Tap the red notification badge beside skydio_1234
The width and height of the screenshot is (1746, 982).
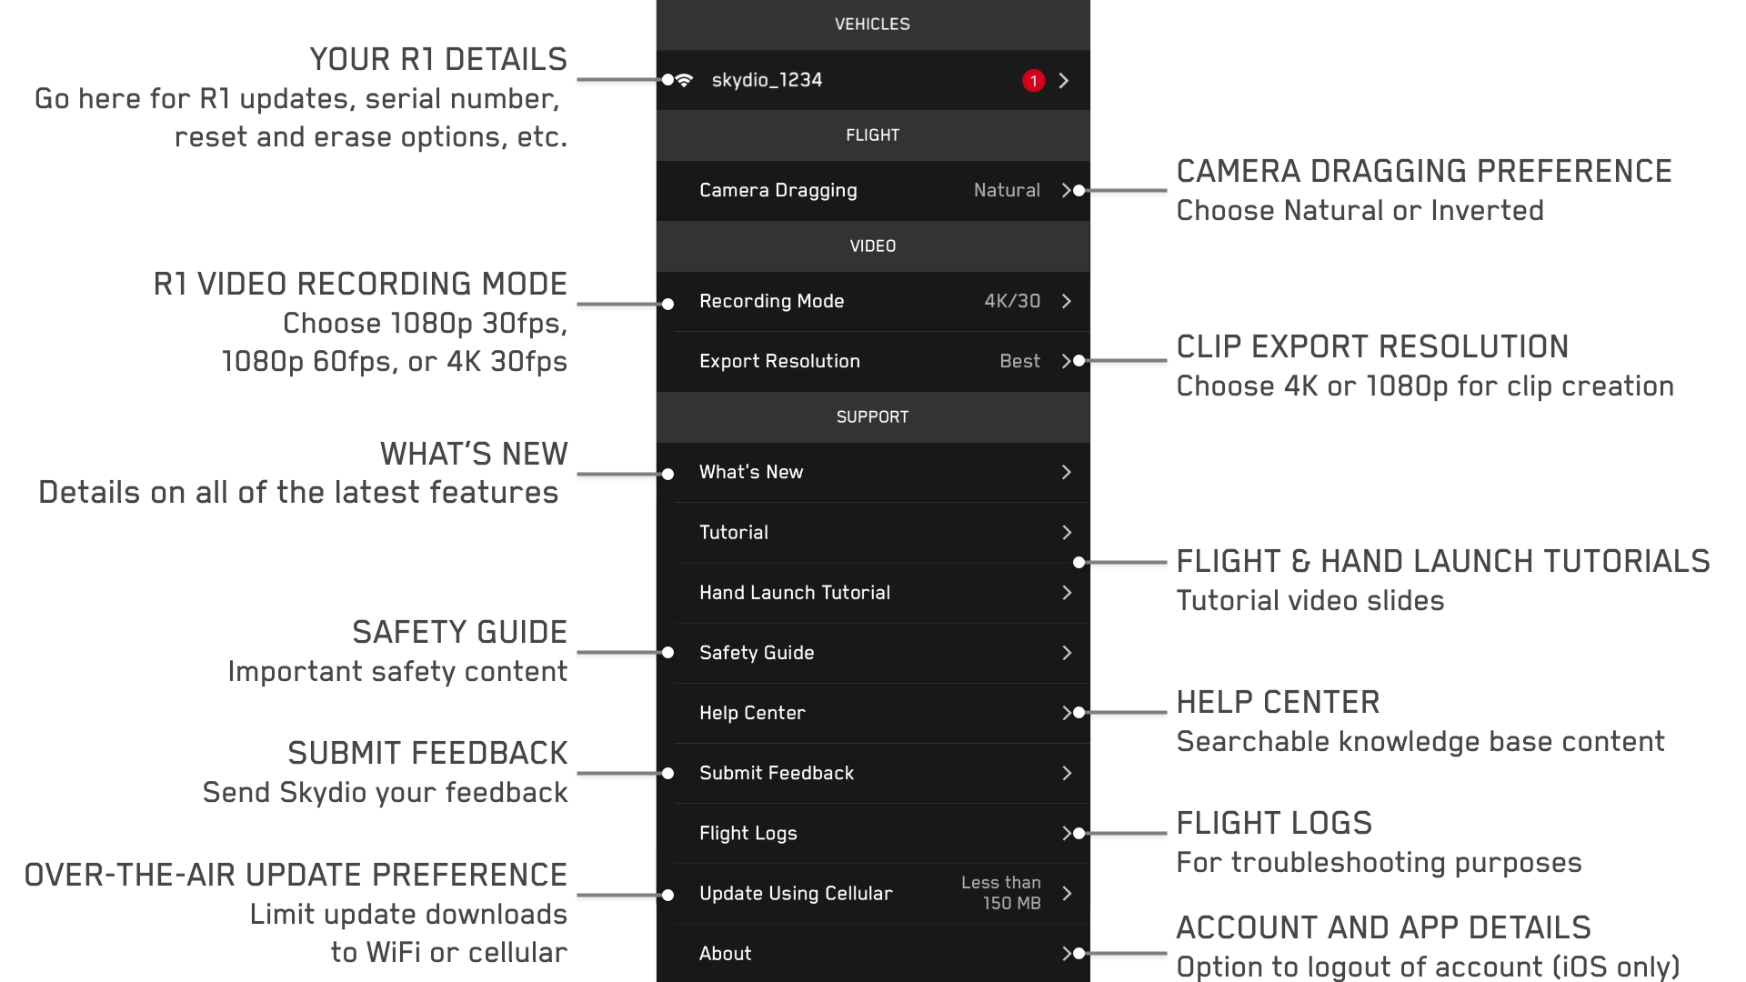[x=1033, y=81]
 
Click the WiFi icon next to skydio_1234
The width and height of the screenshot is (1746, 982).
[x=685, y=80]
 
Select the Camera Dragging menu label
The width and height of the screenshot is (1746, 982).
[x=778, y=190]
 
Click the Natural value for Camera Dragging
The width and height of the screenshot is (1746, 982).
[x=1007, y=190]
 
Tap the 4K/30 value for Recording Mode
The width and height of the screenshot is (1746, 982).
[x=1012, y=301]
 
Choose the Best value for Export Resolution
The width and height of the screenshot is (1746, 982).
[x=1019, y=361]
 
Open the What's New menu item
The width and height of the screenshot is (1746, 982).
[x=751, y=472]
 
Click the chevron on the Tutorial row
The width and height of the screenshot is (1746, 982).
[x=1067, y=532]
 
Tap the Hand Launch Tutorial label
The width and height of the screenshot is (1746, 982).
[x=795, y=593]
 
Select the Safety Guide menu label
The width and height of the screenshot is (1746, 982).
[x=757, y=653]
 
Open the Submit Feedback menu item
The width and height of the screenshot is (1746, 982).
[x=777, y=773]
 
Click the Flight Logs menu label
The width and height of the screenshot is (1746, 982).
[x=748, y=833]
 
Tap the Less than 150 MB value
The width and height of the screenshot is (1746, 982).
[x=1001, y=893]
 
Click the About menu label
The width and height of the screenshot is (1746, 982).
[x=726, y=953]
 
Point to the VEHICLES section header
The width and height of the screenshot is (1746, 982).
[x=872, y=25]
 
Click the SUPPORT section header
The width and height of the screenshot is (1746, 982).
[x=872, y=417]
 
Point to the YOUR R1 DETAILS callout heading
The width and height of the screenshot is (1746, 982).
[x=438, y=60]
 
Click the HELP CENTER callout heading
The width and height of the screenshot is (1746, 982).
[x=1278, y=702]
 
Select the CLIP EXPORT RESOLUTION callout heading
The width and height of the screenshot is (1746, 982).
[x=1372, y=346]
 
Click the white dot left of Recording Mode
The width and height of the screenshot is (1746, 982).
[x=668, y=304]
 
